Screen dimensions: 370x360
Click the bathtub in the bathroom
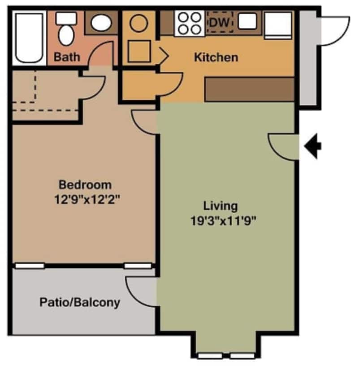click(30, 39)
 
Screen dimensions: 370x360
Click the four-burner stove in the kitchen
click(189, 23)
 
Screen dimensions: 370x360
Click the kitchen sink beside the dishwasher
click(247, 22)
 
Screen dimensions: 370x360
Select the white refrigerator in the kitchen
click(278, 25)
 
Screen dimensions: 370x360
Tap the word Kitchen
click(216, 57)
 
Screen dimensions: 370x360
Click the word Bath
click(67, 57)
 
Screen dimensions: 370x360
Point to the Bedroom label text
click(85, 184)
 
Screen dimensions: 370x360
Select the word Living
click(220, 206)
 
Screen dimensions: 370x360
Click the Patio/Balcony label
click(80, 302)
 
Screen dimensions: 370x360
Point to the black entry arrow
click(313, 146)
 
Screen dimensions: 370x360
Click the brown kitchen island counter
click(249, 90)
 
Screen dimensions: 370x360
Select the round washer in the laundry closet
click(139, 23)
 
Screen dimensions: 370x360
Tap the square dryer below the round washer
click(139, 51)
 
